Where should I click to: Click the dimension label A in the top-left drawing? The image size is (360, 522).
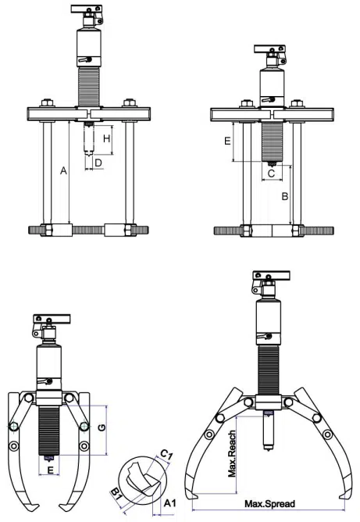63,171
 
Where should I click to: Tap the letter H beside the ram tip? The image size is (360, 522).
106,138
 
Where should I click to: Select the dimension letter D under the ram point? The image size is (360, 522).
98,163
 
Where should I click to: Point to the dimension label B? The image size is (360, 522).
285,196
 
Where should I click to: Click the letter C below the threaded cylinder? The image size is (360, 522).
272,173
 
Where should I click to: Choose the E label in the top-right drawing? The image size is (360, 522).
227,141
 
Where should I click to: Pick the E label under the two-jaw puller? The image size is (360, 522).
51,470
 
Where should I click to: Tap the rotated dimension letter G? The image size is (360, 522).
102,427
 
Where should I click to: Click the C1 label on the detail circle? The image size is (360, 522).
166,454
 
